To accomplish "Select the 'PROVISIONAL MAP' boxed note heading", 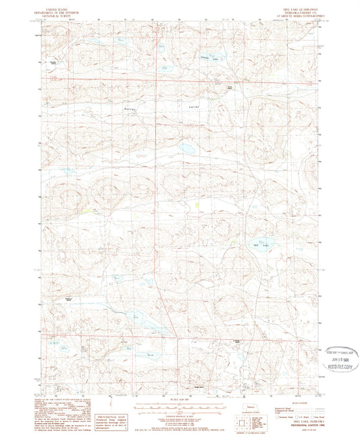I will pos(111,401).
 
